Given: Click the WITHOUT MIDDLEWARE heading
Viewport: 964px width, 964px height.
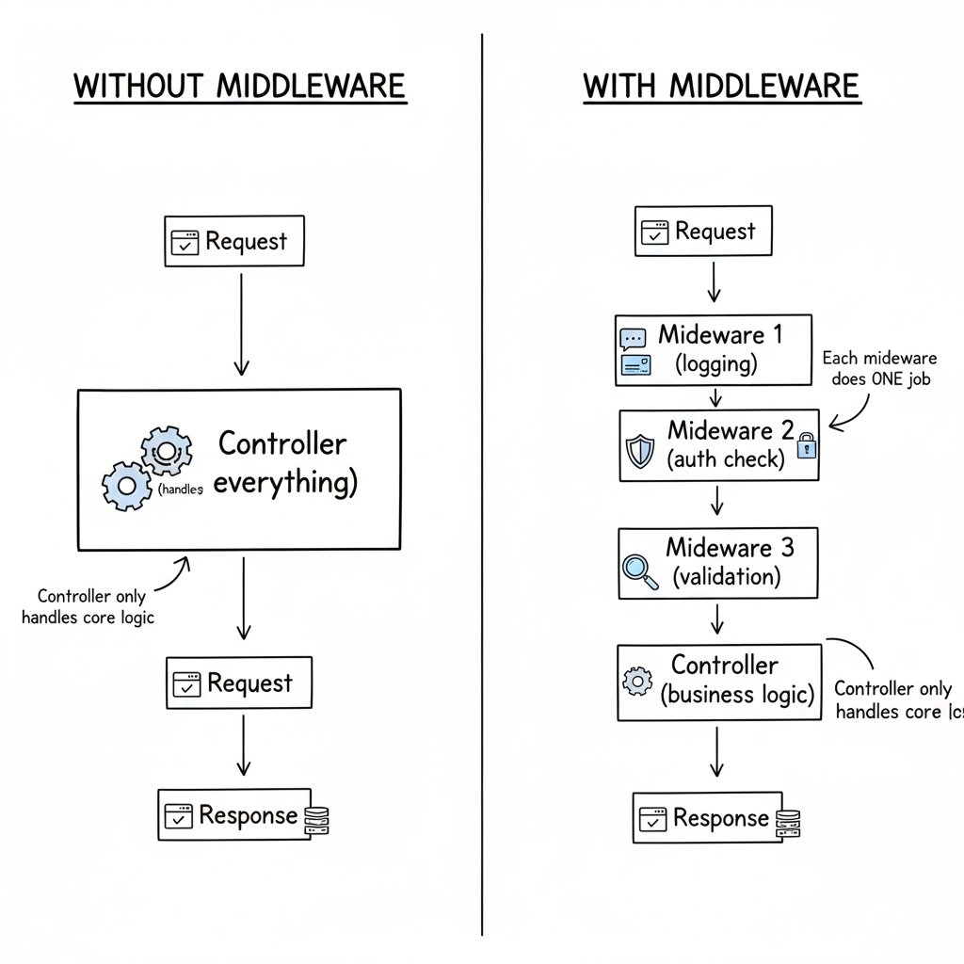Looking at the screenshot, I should (x=240, y=86).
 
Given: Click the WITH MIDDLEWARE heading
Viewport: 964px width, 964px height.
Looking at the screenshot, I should (x=721, y=86).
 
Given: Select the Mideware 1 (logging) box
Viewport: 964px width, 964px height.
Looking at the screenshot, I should (x=714, y=349).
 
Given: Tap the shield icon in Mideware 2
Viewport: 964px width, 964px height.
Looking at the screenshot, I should (x=639, y=451).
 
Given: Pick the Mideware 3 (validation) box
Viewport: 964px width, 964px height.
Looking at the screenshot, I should (x=717, y=563).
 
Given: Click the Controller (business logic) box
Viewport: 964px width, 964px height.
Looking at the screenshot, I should (x=719, y=682).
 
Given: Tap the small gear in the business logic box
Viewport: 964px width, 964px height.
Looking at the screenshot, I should (x=637, y=680).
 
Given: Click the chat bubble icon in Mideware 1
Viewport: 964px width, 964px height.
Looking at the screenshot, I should (x=633, y=338).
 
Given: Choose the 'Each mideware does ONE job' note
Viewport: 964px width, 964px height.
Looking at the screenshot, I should (x=879, y=369).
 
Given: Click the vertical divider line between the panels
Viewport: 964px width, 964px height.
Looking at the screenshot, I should (x=482, y=471).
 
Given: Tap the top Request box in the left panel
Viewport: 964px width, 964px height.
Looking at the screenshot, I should (x=234, y=241).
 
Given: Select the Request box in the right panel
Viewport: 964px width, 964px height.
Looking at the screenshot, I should (x=702, y=232).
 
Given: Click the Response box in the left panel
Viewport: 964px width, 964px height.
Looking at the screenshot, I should (x=234, y=815).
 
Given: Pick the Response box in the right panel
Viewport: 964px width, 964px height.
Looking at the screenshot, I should (x=707, y=818).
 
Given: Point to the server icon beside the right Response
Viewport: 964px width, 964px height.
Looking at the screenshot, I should (x=787, y=823).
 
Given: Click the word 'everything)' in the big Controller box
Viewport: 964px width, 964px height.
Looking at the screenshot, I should (x=286, y=484).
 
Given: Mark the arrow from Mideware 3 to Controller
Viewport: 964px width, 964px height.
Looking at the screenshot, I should (x=717, y=620).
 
